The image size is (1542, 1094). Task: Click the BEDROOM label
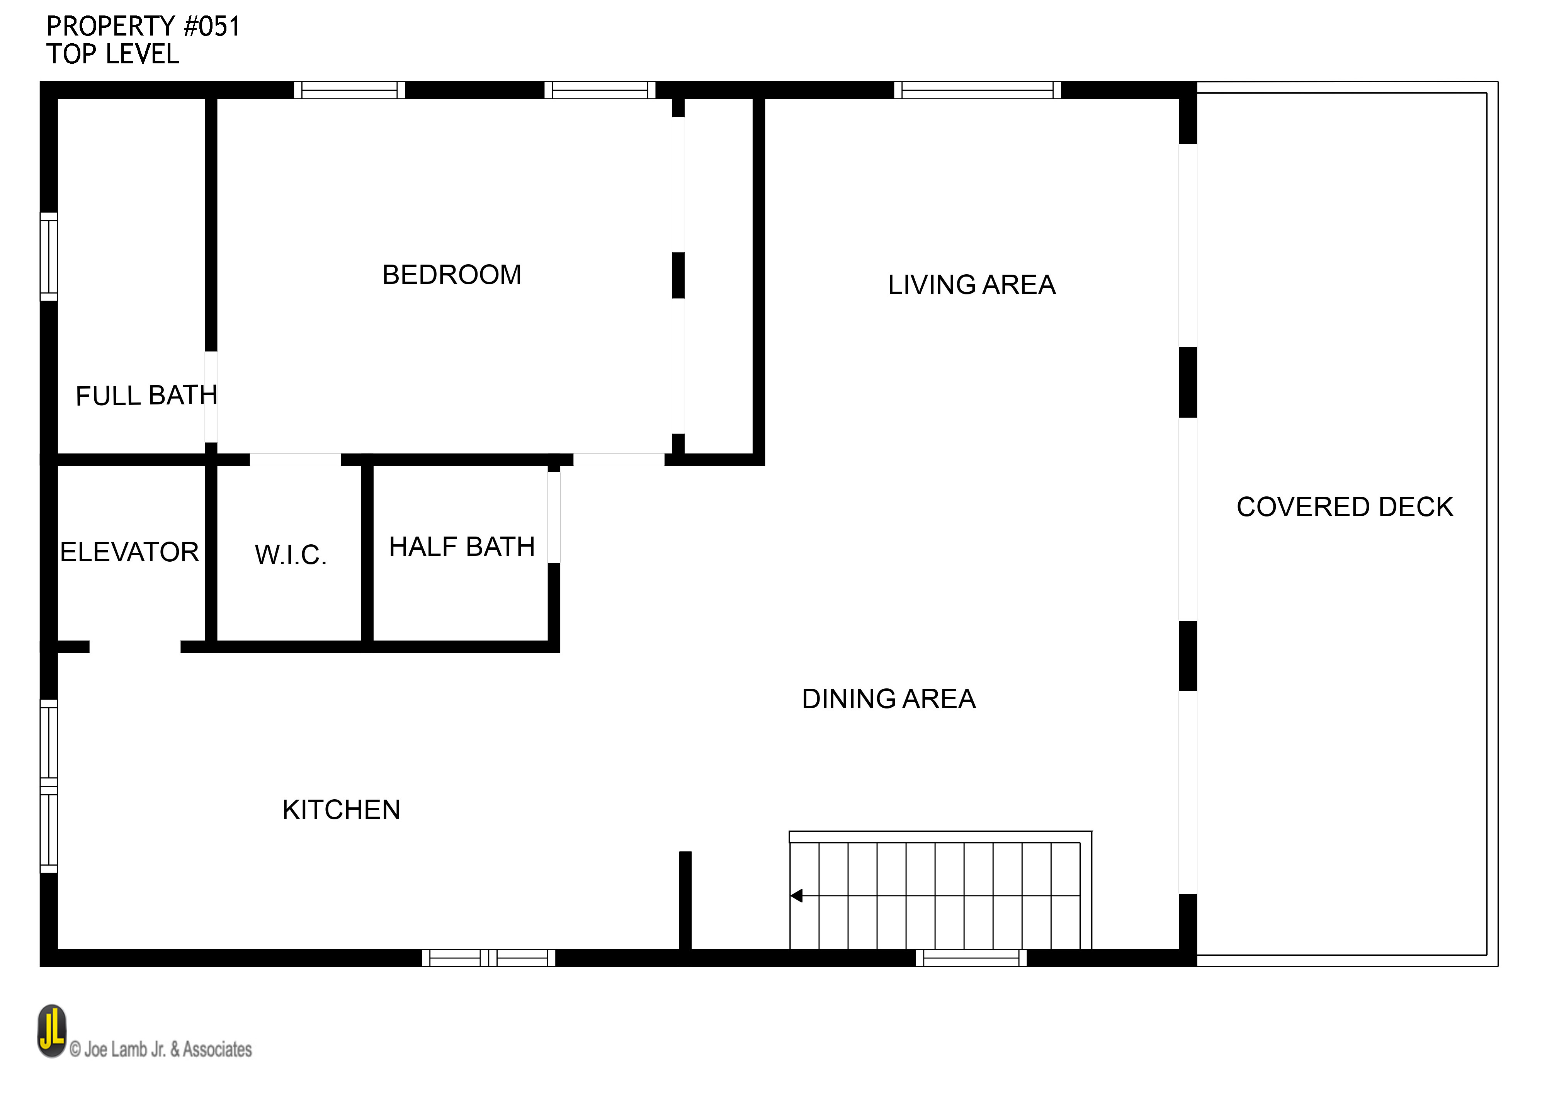tap(451, 275)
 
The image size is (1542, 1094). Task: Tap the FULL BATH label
tap(146, 396)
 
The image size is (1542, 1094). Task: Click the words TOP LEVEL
tap(112, 54)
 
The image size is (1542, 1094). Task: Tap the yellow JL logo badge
tap(52, 1031)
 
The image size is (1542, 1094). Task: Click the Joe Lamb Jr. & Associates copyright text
tap(162, 1049)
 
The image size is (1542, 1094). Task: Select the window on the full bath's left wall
tap(49, 257)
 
